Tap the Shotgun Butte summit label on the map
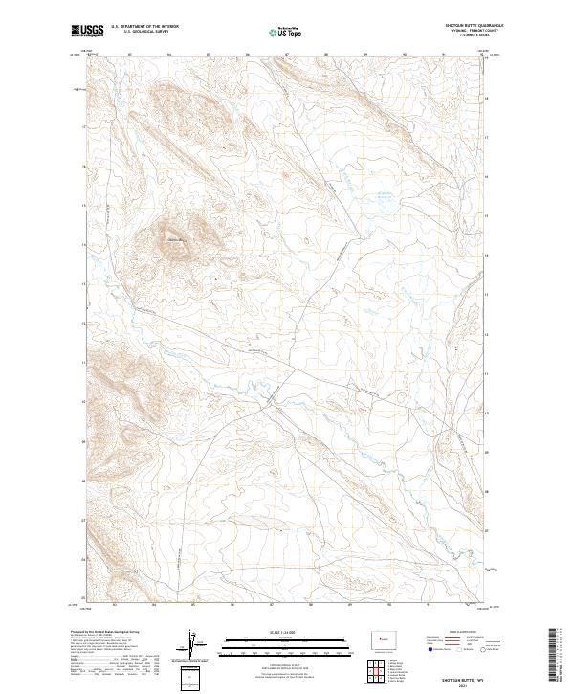coord(175,238)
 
